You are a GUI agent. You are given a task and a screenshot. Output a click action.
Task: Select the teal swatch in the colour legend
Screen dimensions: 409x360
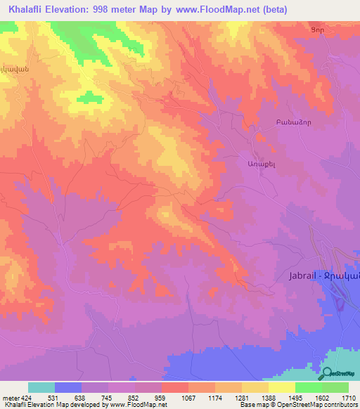[x=41, y=387]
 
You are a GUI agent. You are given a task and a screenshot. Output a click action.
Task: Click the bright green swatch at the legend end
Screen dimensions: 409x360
[x=335, y=387]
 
